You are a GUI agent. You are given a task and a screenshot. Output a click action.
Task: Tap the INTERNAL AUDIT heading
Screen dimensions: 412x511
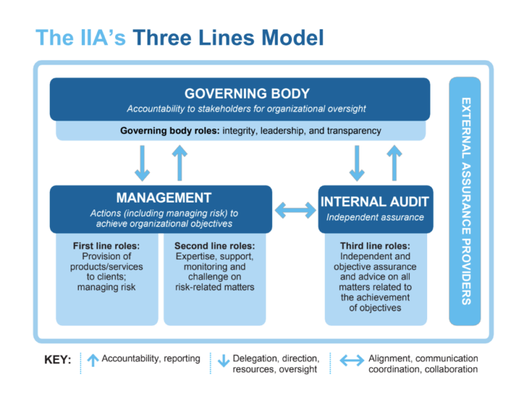click(375, 201)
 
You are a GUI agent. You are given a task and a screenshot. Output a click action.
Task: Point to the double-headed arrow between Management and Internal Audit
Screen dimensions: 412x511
click(295, 211)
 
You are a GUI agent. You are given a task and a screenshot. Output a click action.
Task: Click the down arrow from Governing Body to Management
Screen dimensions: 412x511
click(142, 163)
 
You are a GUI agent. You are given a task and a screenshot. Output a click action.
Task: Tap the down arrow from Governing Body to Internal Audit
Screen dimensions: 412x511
click(357, 163)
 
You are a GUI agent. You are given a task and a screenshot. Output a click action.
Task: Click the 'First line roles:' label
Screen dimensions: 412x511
click(106, 246)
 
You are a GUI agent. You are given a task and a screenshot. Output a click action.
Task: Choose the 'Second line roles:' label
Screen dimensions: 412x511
click(216, 246)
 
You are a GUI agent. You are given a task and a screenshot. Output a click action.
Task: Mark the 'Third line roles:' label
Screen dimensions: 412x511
click(375, 246)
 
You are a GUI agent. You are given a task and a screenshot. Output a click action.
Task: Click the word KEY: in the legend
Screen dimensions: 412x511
click(58, 360)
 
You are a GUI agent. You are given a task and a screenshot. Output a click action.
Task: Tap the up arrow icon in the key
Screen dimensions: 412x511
click(92, 360)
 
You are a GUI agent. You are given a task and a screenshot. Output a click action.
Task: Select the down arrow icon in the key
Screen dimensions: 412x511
click(224, 360)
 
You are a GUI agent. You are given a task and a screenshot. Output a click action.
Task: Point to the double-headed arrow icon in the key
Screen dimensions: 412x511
click(352, 360)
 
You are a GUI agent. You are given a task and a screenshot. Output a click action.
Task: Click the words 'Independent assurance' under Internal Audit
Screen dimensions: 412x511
click(375, 217)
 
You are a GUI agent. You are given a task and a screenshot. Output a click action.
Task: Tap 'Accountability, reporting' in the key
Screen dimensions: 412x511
click(151, 359)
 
